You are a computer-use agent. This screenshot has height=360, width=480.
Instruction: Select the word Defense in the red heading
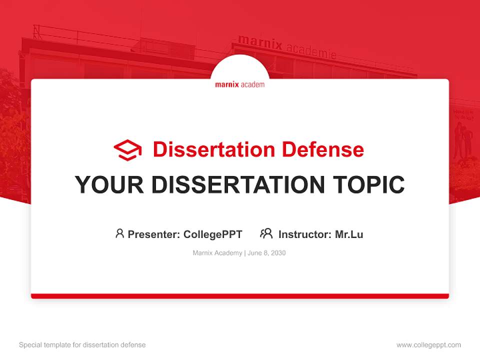coord(322,149)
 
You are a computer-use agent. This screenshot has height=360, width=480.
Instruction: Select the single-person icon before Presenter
coord(119,233)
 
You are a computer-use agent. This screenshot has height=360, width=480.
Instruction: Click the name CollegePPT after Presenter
coord(213,234)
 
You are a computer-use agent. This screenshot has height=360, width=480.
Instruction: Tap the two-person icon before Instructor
coord(266,233)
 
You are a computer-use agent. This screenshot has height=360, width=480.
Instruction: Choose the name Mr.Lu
coord(349,234)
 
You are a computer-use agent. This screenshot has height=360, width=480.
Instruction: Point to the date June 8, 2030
coord(267,253)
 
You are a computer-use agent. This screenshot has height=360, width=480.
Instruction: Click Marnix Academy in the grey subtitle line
coord(217,253)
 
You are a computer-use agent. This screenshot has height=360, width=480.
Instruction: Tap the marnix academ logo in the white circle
coord(240,84)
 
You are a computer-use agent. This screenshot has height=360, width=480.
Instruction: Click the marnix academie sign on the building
coord(286,45)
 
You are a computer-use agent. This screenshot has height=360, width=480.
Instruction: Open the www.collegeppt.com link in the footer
coord(428,345)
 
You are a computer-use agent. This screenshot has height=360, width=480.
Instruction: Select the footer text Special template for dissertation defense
coord(82,345)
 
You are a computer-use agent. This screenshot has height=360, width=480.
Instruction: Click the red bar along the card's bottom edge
coord(240,296)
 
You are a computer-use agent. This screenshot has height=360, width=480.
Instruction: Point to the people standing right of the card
coord(463,140)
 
